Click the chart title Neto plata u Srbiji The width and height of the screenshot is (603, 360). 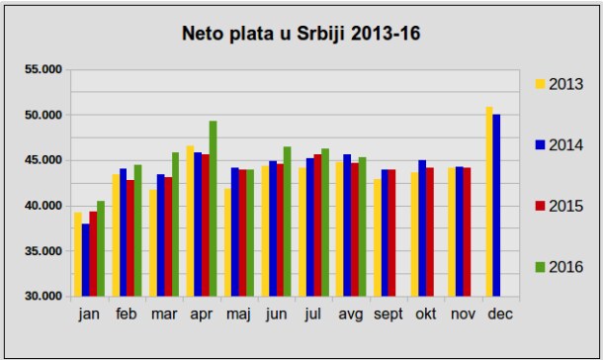tap(265, 34)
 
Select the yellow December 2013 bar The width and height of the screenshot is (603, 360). tap(489, 202)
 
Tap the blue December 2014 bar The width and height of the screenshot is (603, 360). tap(496, 206)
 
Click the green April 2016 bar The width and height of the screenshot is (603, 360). tap(214, 209)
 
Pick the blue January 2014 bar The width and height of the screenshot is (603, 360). tap(85, 260)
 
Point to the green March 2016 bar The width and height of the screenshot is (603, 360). tap(175, 225)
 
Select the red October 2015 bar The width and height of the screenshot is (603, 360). tap(430, 231)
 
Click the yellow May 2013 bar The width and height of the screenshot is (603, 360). tap(227, 242)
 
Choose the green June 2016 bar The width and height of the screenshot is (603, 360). tap(288, 222)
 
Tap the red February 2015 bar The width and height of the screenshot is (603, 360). tap(130, 238)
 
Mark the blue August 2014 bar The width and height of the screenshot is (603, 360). tap(347, 225)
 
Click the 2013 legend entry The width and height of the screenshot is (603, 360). tap(560, 84)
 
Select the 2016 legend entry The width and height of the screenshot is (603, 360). tap(560, 267)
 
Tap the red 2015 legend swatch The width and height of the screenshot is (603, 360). tap(541, 206)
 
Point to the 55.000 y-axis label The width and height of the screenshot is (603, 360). tap(43, 69)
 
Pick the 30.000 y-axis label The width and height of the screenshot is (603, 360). tap(43, 296)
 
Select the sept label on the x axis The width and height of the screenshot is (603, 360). tap(388, 315)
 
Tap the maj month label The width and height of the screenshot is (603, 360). tap(238, 315)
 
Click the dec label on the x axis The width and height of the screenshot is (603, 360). tap(500, 314)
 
